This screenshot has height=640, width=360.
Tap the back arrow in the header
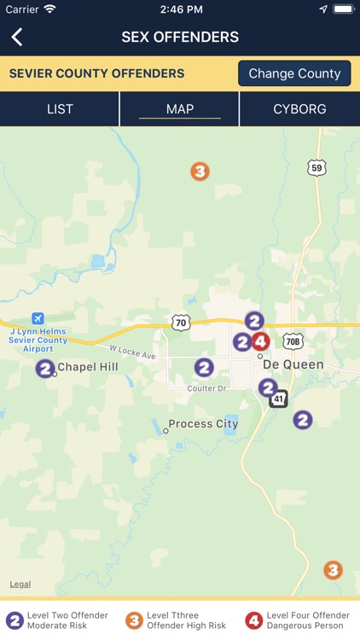point(17,37)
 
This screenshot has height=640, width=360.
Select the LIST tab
point(60,109)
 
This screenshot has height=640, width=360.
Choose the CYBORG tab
point(299,109)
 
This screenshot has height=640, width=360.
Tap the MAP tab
point(180,109)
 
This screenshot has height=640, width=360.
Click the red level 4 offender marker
point(261,341)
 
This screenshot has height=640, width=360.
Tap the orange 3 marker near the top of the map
point(200,172)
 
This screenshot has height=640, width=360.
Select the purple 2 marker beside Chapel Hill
point(45,369)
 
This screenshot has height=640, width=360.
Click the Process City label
point(203,424)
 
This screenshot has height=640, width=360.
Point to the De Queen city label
point(293,364)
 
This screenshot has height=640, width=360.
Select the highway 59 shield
point(317,168)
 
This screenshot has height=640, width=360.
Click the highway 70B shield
point(293,340)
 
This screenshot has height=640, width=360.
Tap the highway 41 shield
point(279,399)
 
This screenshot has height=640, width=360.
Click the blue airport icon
point(38,318)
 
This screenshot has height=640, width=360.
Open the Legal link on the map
point(20,585)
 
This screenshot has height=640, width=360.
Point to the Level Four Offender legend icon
point(254,620)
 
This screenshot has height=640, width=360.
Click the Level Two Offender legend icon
point(15,620)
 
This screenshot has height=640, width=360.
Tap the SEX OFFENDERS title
point(180,37)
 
